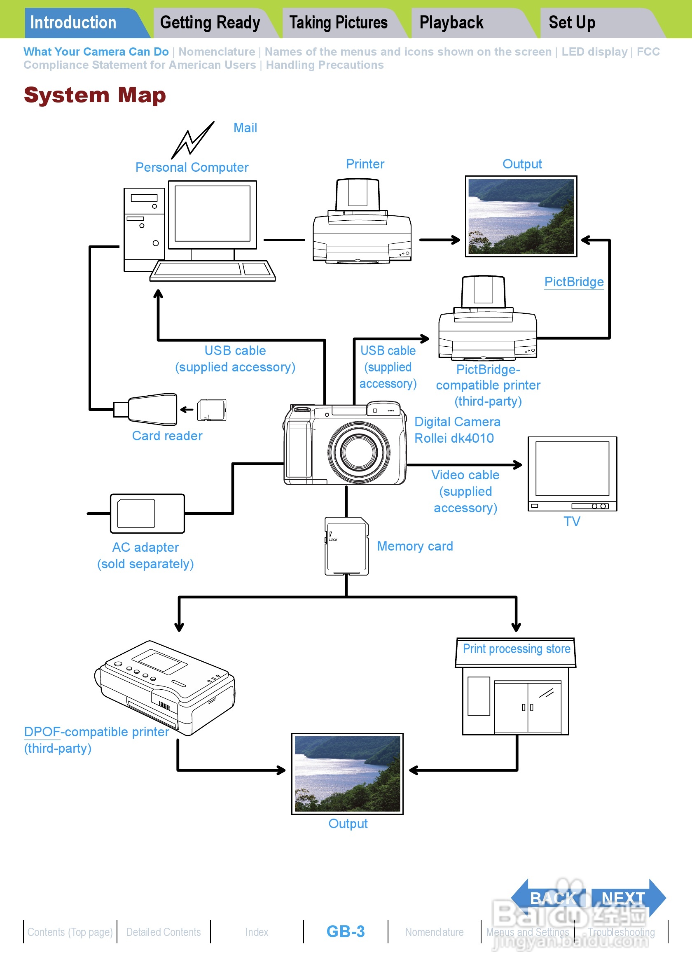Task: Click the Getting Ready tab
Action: point(210,23)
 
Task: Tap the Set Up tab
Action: point(572,23)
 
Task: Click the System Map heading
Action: point(95,95)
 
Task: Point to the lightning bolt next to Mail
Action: point(192,140)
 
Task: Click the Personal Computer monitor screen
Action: point(212,213)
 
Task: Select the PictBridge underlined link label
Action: point(574,282)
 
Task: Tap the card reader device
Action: point(152,409)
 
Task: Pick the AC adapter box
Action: point(147,513)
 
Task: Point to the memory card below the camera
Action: point(346,546)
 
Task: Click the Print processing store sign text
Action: point(516,649)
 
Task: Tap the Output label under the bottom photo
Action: point(348,824)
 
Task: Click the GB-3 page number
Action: point(345,931)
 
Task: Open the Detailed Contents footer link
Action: point(164,932)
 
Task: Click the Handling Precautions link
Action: point(325,65)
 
